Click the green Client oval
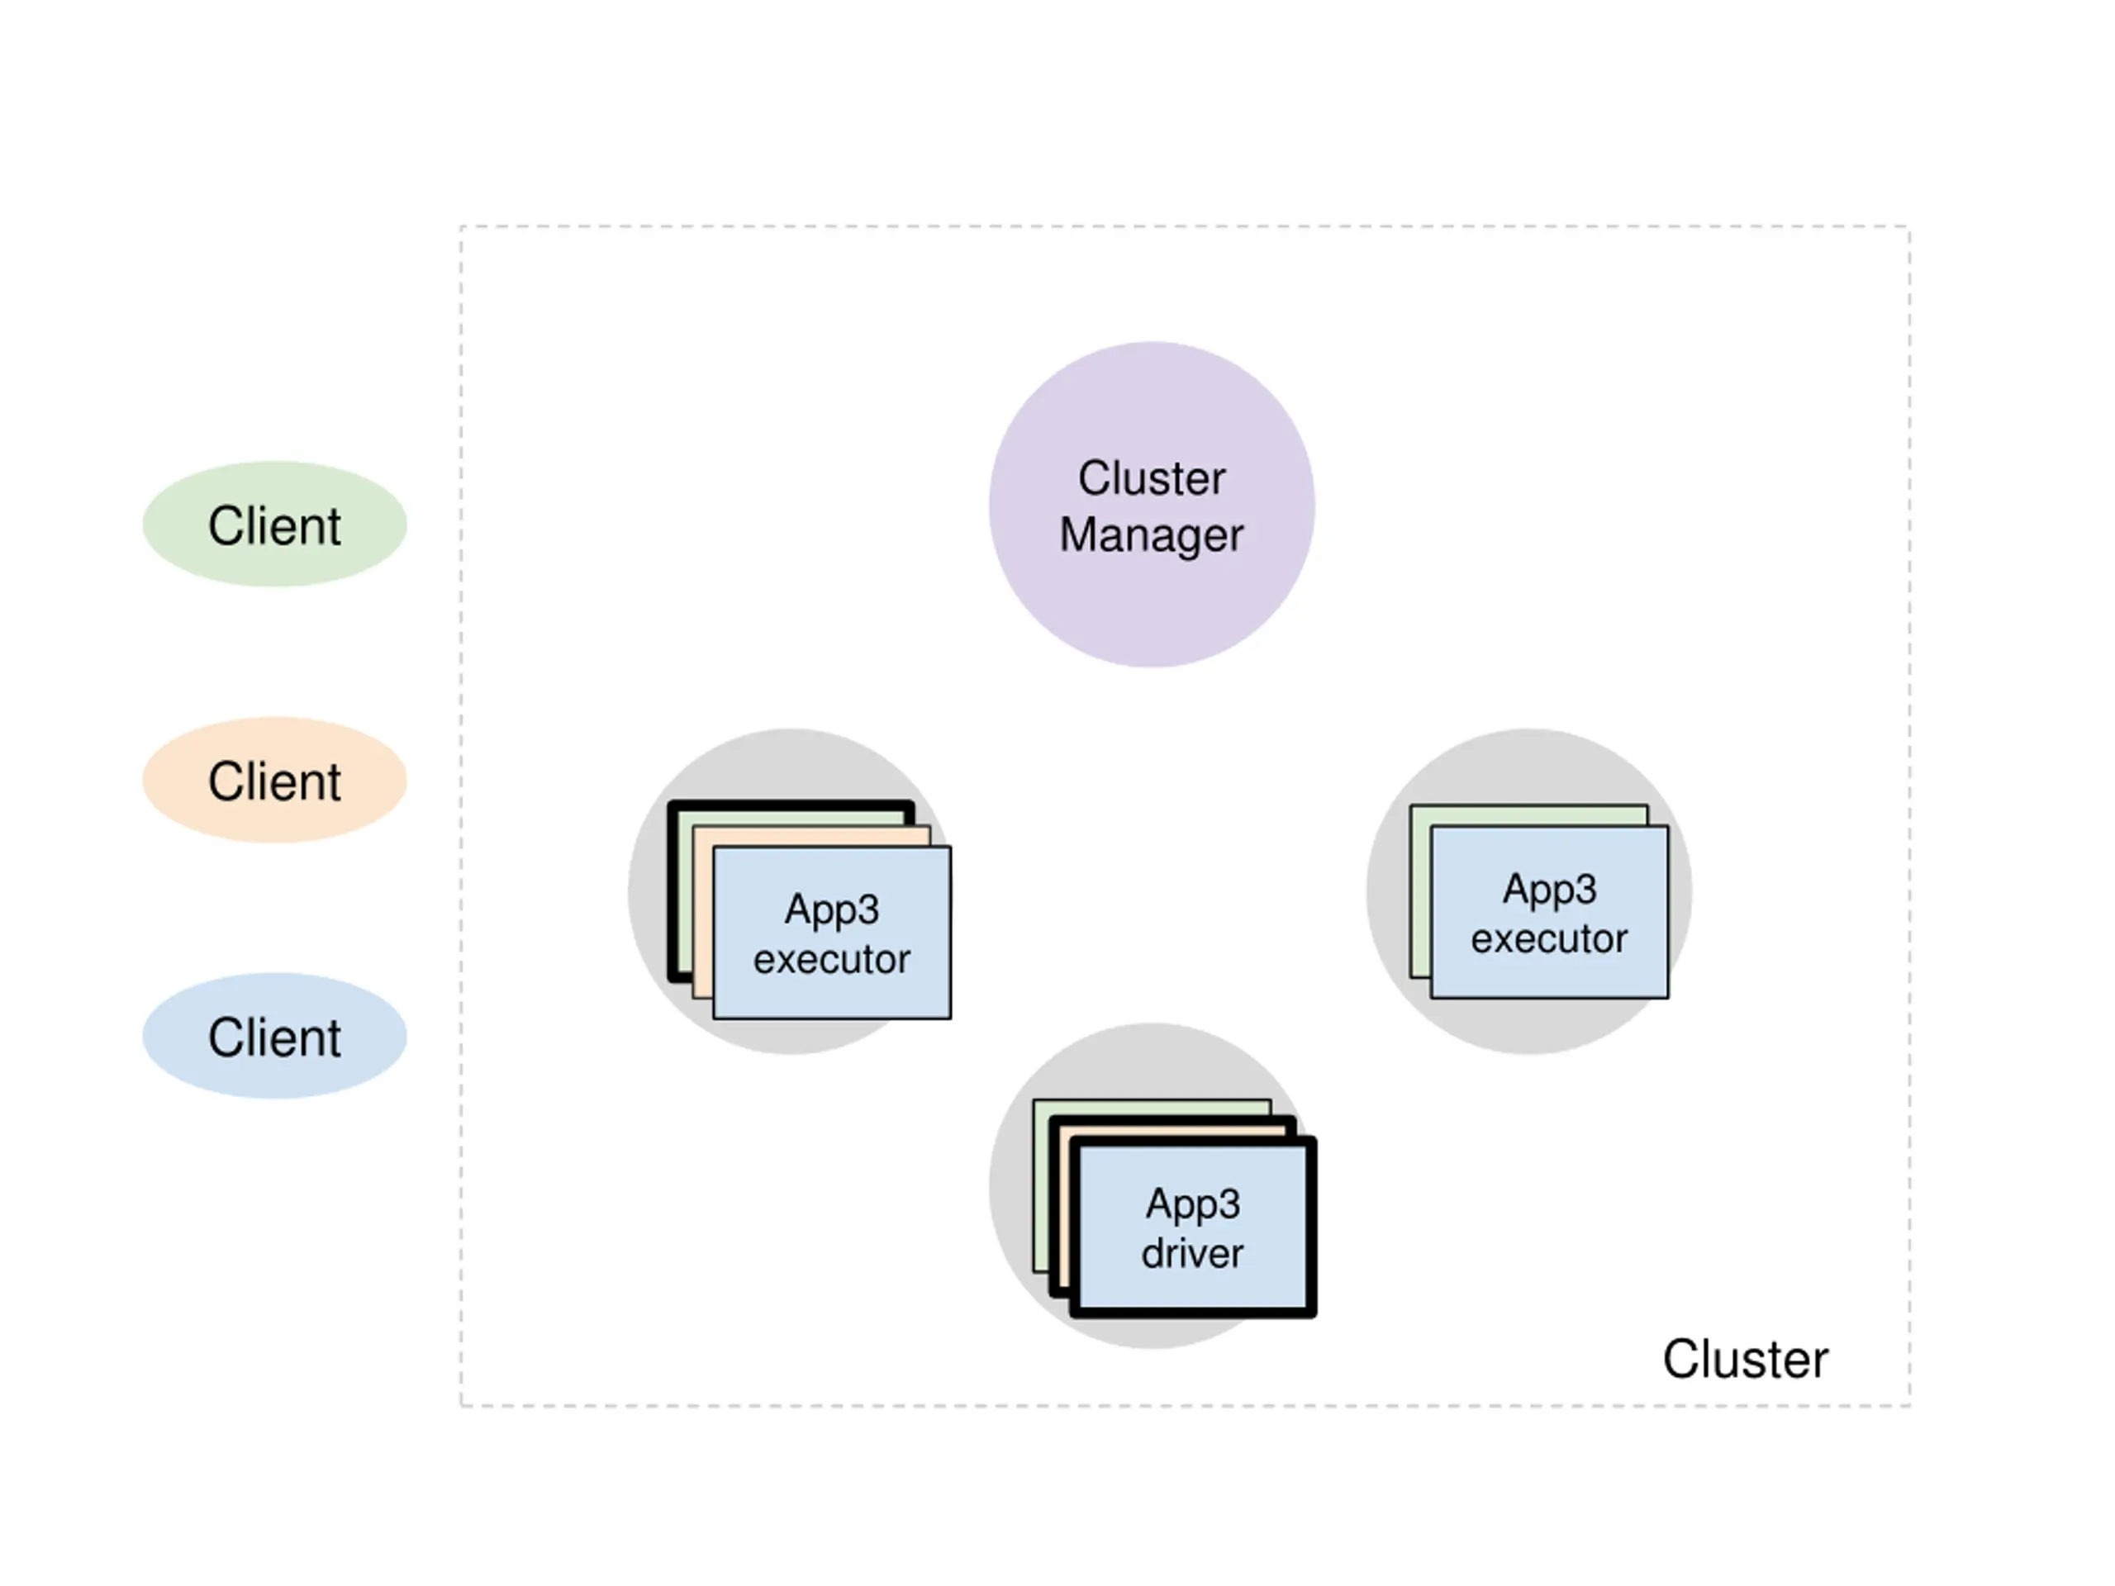[x=274, y=524]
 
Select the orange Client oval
[x=274, y=780]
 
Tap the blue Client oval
[x=274, y=1037]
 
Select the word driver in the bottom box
[x=1192, y=1252]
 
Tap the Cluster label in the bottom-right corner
[x=1745, y=1359]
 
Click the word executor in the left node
[x=832, y=959]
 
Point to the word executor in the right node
[x=1549, y=938]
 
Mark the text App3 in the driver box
[x=1193, y=1204]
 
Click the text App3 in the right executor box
[x=1549, y=890]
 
